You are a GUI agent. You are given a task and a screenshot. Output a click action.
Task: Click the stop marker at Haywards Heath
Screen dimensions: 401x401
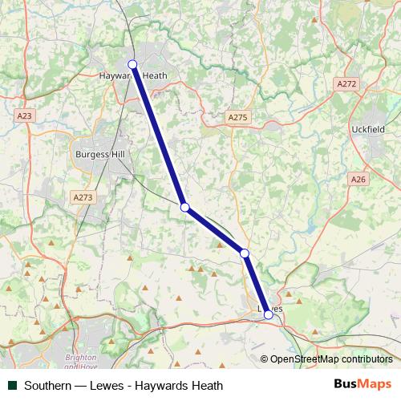(x=132, y=65)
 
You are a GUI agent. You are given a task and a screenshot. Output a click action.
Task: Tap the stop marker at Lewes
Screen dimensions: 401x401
(x=269, y=315)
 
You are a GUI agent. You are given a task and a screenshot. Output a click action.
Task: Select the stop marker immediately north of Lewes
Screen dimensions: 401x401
(x=245, y=253)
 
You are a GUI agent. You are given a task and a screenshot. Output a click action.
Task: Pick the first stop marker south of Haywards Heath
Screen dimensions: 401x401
(x=185, y=208)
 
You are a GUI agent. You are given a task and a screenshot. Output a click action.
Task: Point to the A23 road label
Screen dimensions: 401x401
(x=25, y=116)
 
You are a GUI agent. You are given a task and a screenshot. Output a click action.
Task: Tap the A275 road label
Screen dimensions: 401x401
(x=238, y=117)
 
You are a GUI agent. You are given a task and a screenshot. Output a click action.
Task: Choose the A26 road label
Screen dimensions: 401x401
(x=358, y=180)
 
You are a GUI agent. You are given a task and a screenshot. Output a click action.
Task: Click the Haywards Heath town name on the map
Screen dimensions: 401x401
(x=132, y=77)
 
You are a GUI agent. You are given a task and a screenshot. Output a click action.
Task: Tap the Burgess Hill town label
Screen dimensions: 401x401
(x=97, y=153)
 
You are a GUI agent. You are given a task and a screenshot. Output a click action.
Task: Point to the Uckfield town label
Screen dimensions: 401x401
(x=369, y=129)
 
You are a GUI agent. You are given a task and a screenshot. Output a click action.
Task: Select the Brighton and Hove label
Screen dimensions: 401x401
(x=80, y=361)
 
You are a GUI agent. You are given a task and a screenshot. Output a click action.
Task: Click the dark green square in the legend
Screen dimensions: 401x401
(x=12, y=386)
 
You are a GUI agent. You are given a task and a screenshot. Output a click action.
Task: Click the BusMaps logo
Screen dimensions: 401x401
(x=362, y=385)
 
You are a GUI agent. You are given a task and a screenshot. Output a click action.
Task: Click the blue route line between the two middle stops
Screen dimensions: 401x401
(x=215, y=231)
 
